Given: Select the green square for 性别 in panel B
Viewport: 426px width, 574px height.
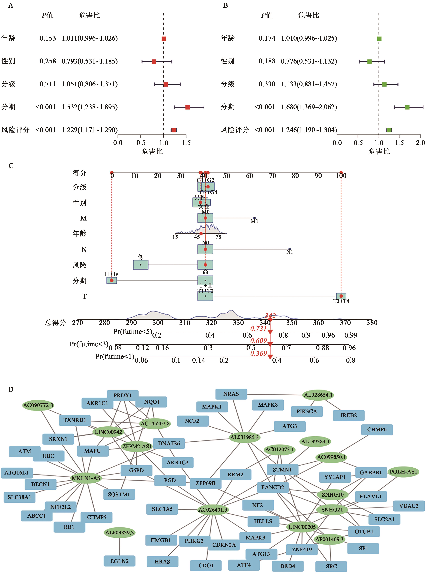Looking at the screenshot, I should click(x=369, y=61).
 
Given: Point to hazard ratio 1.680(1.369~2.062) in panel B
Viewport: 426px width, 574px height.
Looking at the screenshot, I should click(x=309, y=107).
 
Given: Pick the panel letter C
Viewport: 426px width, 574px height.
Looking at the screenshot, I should click(x=11, y=166).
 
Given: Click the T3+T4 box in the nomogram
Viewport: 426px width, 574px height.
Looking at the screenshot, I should click(x=341, y=296).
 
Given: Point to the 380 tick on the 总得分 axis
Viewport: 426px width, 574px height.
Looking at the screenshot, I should click(x=372, y=323).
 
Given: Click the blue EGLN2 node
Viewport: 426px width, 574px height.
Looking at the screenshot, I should click(x=119, y=561).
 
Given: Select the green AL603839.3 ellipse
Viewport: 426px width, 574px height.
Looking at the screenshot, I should click(x=119, y=532).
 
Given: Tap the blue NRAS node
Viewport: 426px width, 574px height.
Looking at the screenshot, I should click(x=231, y=394).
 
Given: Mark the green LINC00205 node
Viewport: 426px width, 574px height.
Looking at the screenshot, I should click(x=302, y=527).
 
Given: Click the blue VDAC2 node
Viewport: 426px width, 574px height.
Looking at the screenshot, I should click(x=409, y=506).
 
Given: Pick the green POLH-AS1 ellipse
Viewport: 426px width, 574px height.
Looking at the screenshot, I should click(x=403, y=472).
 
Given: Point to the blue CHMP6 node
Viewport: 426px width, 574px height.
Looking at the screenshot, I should click(x=377, y=430).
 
